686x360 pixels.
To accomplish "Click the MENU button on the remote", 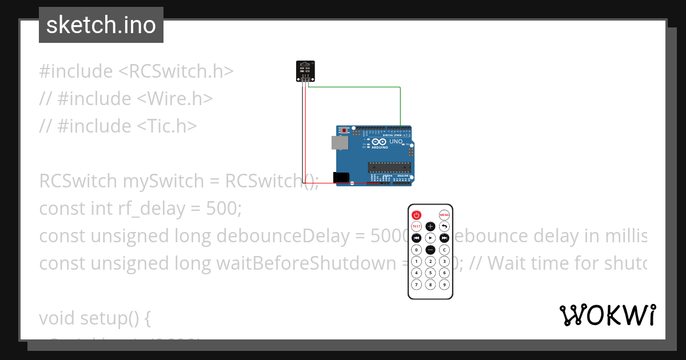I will click(x=444, y=215).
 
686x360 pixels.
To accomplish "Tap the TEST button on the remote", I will click(x=416, y=227).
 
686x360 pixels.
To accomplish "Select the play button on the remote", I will click(x=430, y=238).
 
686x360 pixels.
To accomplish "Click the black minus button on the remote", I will click(x=430, y=250).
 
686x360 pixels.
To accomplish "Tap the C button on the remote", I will click(x=444, y=250).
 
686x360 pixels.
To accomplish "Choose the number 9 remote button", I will click(x=444, y=284).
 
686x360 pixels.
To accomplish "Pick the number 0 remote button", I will click(x=416, y=250).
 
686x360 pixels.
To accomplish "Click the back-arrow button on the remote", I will click(x=444, y=227).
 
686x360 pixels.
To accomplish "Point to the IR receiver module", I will click(x=305, y=71).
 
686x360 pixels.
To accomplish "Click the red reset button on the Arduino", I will click(x=344, y=131).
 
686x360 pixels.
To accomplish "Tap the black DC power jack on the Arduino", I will click(x=341, y=178).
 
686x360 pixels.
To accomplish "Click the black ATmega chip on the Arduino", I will click(x=389, y=167).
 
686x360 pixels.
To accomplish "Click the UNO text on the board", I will click(x=396, y=141).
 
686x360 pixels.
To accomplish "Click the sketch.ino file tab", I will click(x=101, y=25).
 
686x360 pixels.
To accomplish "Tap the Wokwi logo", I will click(x=607, y=315).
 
